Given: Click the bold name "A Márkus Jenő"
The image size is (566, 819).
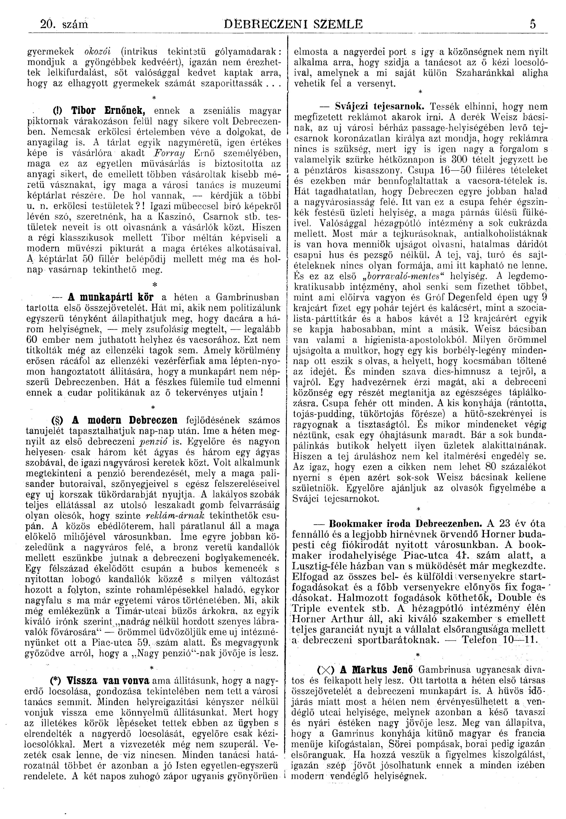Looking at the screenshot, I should pos(377,669).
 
